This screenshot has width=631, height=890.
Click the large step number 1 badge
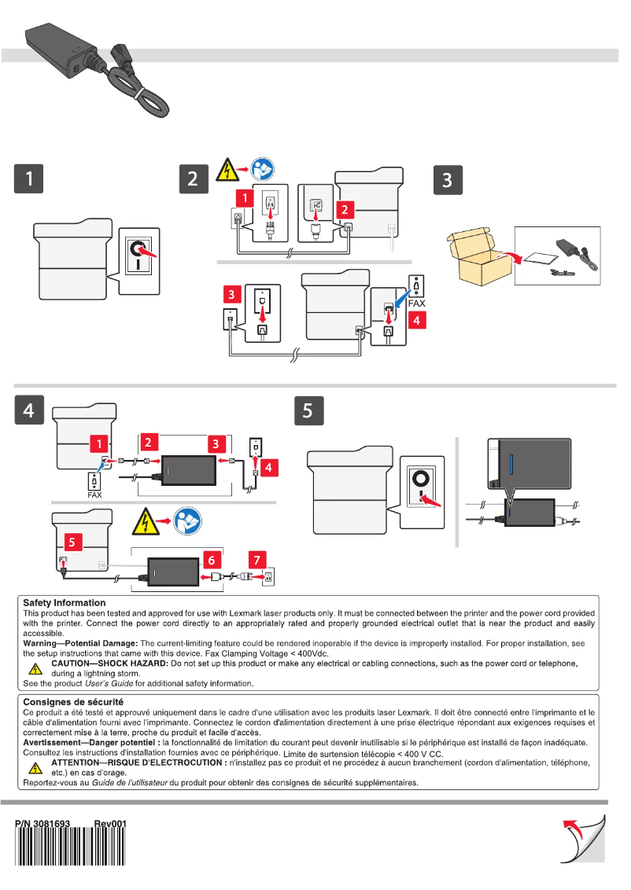(x=31, y=179)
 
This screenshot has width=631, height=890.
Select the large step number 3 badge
(x=447, y=179)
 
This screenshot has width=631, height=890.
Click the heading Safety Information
(x=65, y=603)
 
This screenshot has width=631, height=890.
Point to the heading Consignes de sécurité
(x=72, y=701)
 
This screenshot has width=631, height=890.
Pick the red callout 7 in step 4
(x=257, y=560)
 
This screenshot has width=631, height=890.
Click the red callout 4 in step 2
(x=417, y=319)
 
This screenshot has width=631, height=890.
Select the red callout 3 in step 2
(x=232, y=295)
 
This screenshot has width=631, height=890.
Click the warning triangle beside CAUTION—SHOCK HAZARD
(x=35, y=670)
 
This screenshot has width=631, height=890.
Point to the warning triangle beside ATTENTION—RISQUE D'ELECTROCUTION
(x=35, y=767)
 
